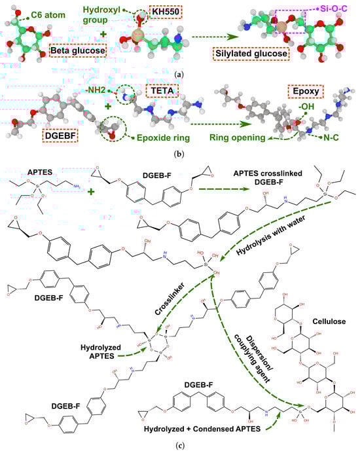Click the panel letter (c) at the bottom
click(x=180, y=447)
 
